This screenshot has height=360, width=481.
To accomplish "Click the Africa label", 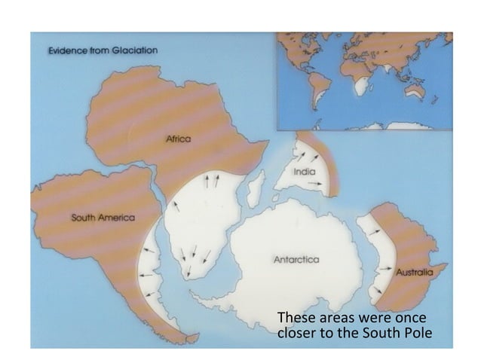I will click(178, 139).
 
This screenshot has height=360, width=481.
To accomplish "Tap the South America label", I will click(103, 218).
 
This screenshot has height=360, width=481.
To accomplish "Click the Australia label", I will click(414, 270).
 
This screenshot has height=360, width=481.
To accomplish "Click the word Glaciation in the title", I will click(132, 50).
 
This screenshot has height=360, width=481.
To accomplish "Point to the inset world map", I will click(363, 81).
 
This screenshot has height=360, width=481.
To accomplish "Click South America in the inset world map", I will click(316, 90).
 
